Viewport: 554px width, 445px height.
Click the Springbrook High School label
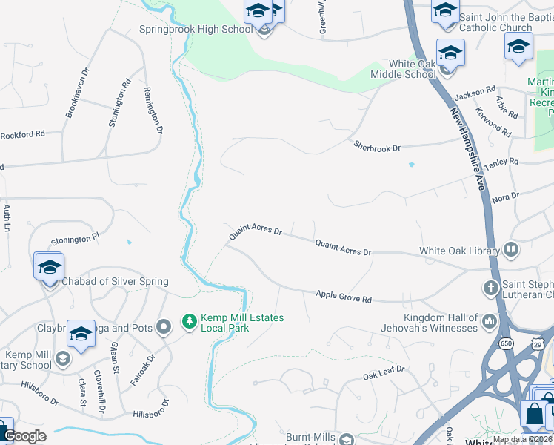click(196, 30)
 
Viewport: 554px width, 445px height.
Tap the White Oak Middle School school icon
click(450, 54)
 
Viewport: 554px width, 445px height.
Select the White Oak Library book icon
click(510, 250)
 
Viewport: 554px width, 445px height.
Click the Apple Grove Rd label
click(344, 297)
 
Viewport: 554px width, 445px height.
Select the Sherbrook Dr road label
click(376, 146)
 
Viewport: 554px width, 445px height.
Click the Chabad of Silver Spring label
click(115, 281)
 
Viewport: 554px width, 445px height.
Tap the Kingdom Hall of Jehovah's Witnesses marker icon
click(489, 321)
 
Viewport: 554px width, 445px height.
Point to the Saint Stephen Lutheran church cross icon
click(490, 286)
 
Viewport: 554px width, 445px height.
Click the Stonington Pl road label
click(75, 240)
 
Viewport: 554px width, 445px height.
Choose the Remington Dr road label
click(153, 108)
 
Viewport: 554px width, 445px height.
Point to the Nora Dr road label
click(505, 197)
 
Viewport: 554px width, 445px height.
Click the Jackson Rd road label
click(475, 92)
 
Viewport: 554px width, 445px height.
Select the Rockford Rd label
click(22, 135)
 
